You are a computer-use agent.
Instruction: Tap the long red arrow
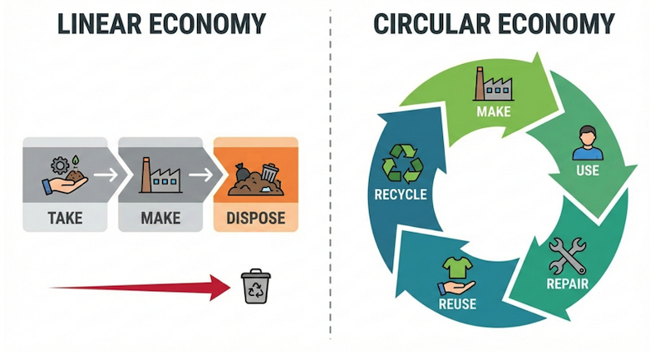tap(141, 288)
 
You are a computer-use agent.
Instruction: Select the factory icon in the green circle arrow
tap(489, 83)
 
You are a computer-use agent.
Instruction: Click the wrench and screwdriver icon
tap(568, 255)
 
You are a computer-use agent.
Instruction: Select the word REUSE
tap(456, 304)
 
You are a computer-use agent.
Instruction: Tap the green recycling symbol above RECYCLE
tap(401, 163)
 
